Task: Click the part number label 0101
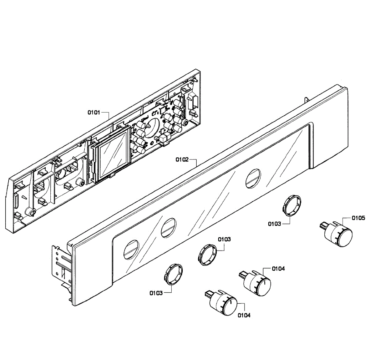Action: coord(94,112)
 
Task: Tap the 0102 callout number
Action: coord(182,160)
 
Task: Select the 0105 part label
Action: coord(358,218)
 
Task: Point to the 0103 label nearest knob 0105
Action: coord(275,224)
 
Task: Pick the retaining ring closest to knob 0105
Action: coord(292,204)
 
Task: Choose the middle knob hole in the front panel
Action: coord(168,228)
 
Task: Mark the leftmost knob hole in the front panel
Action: coord(131,249)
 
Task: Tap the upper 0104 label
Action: coord(278,268)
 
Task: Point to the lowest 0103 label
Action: coord(156,293)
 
